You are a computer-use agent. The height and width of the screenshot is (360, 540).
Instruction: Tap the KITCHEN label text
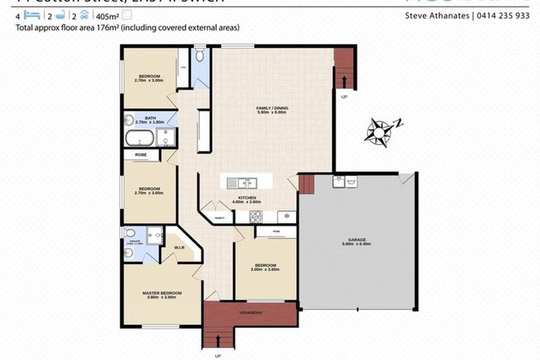coord(246,198)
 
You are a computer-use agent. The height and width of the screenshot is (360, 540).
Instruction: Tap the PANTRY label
coord(219,218)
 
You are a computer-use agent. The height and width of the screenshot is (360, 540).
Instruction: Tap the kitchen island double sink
coord(243,182)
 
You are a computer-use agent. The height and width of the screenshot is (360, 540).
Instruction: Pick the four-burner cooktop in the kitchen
coord(254,217)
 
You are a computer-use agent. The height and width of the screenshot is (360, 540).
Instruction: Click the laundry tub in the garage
coord(351,181)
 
